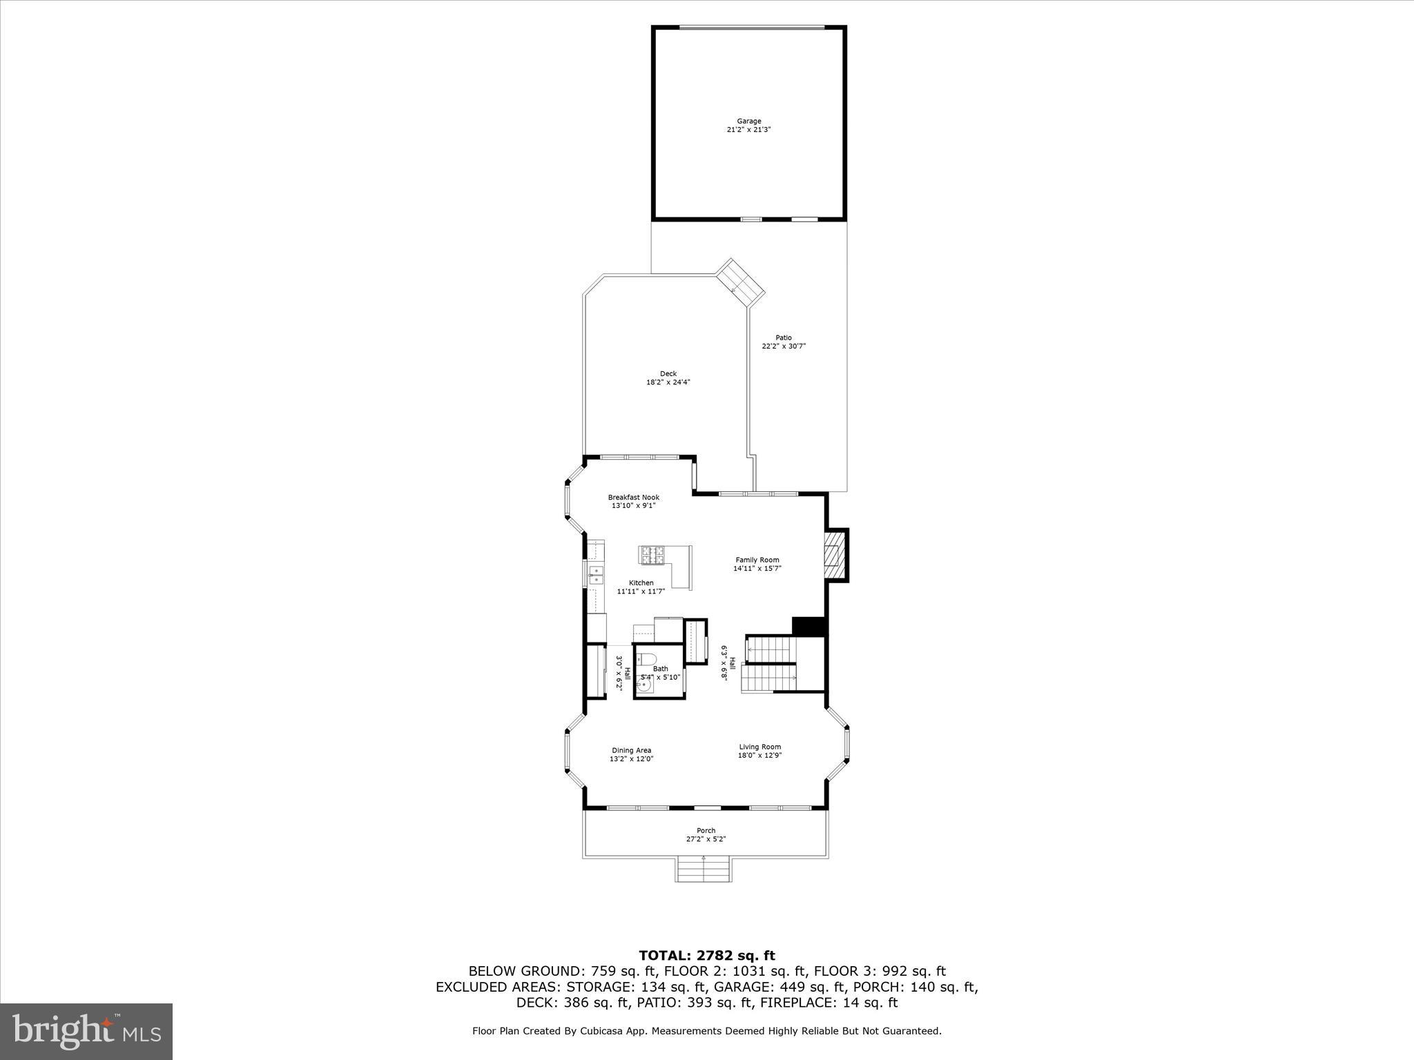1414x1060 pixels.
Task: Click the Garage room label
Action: (748, 121)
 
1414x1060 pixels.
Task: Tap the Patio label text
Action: (783, 338)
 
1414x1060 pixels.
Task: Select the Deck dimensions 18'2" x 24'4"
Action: (668, 382)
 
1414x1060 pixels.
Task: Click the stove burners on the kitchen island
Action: (653, 555)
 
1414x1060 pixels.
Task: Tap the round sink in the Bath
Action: (645, 686)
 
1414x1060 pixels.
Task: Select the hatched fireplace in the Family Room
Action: (835, 555)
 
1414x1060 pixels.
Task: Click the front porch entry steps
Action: (703, 870)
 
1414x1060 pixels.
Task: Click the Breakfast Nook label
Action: (633, 498)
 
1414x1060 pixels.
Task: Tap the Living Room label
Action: (759, 747)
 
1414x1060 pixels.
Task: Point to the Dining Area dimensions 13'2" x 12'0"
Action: (631, 759)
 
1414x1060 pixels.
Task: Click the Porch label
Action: (706, 831)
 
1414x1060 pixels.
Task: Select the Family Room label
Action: (757, 560)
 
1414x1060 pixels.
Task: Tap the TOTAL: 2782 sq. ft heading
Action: (706, 956)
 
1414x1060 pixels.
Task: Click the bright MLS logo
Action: (86, 1032)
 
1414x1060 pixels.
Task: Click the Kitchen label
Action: (641, 583)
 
